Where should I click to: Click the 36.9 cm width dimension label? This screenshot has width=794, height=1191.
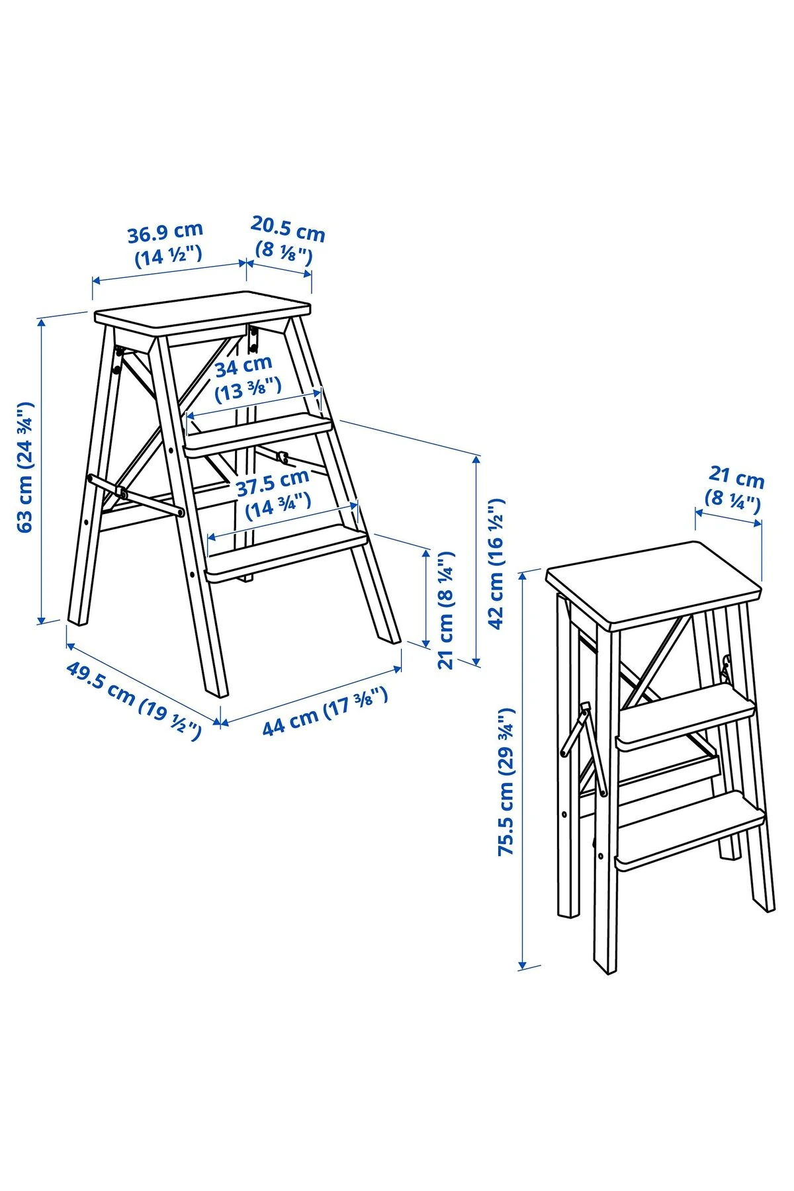[166, 243]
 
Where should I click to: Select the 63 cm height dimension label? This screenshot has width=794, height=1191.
[25, 466]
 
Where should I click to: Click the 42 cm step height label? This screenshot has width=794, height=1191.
[496, 562]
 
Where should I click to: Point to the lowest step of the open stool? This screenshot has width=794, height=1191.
[287, 554]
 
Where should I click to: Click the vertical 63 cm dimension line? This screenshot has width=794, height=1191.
[41, 470]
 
